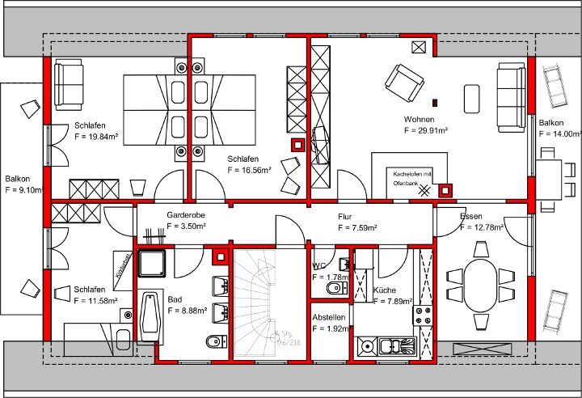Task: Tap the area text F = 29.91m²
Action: pyautogui.click(x=426, y=129)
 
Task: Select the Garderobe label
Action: pyautogui.click(x=183, y=216)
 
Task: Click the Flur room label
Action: pyautogui.click(x=345, y=217)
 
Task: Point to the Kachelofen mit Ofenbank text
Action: pyautogui.click(x=413, y=179)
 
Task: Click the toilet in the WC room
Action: pyautogui.click(x=332, y=289)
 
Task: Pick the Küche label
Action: pyautogui.click(x=385, y=290)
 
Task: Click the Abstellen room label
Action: pyautogui.click(x=329, y=317)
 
